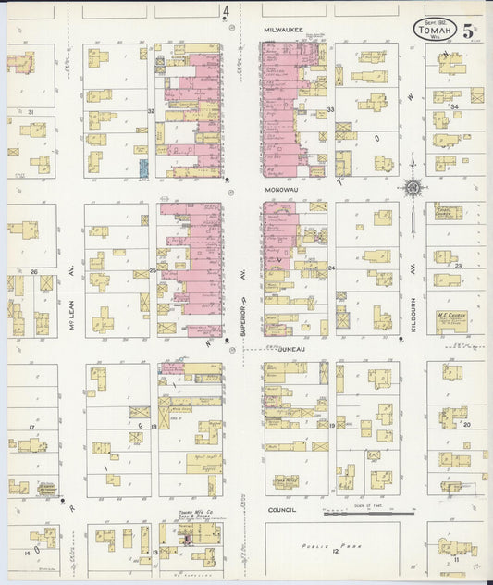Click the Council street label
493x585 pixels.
click(281, 510)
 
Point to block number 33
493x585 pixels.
click(330, 110)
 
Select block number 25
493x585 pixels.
click(152, 270)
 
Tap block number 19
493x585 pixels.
click(331, 425)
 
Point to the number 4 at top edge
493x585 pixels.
click(226, 11)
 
